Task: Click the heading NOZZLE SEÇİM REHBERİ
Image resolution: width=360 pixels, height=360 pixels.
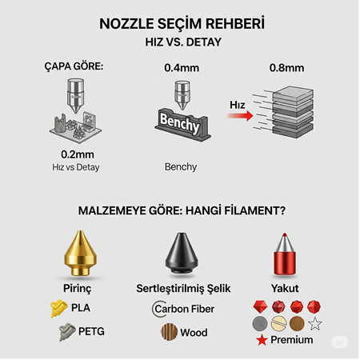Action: pyautogui.click(x=180, y=25)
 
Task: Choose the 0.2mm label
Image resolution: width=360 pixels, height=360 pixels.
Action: pyautogui.click(x=78, y=154)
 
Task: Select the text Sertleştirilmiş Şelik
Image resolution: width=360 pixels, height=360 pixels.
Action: pyautogui.click(x=180, y=288)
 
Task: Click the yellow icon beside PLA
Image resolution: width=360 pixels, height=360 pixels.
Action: pyautogui.click(x=58, y=306)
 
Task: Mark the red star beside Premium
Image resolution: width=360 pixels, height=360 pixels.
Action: pyautogui.click(x=262, y=342)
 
